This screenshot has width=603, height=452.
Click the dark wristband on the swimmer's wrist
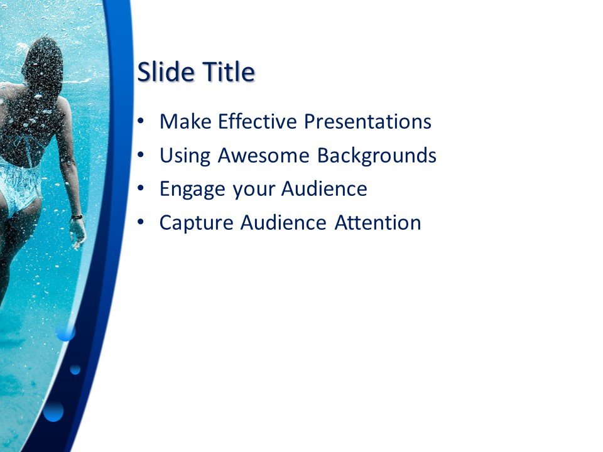[77, 217]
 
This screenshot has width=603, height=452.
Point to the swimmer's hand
[79, 234]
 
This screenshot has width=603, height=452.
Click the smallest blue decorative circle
[75, 369]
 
